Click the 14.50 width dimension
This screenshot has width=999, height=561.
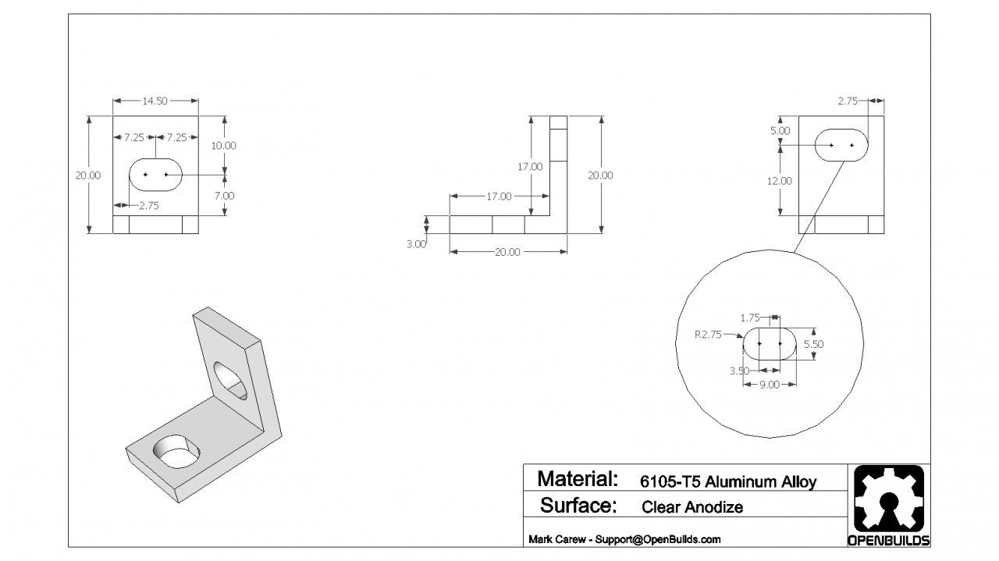(155, 101)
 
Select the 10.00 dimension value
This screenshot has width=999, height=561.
(224, 145)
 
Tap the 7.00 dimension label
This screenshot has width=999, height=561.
(224, 196)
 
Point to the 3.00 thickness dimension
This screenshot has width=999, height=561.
(416, 243)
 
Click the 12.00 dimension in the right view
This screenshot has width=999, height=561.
(780, 181)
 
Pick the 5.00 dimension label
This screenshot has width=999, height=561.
(780, 131)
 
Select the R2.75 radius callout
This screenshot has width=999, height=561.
(709, 334)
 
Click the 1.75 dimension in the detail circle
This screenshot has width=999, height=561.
(750, 318)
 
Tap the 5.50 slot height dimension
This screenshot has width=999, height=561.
(813, 343)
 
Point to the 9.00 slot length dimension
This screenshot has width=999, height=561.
(770, 384)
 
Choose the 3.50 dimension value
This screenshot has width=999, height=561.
(739, 371)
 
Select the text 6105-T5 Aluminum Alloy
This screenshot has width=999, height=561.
(727, 481)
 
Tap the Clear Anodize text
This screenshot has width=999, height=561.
(692, 507)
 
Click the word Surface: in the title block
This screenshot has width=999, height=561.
(578, 506)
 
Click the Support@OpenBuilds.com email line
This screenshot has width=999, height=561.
(624, 539)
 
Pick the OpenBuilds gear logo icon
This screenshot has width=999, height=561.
(888, 499)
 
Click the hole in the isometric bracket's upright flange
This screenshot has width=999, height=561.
(230, 380)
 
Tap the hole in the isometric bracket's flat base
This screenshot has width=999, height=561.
(177, 452)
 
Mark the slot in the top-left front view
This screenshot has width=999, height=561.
(155, 175)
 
